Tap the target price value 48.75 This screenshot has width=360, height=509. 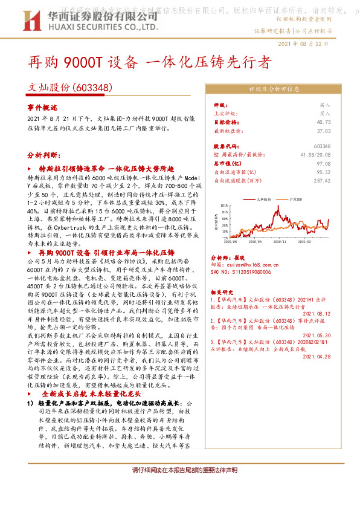click(324, 122)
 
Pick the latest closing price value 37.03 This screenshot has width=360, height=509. click(324, 130)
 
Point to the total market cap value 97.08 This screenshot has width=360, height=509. click(324, 163)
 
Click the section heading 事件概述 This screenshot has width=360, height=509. click(42, 106)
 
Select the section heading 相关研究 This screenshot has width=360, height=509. click(223, 291)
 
